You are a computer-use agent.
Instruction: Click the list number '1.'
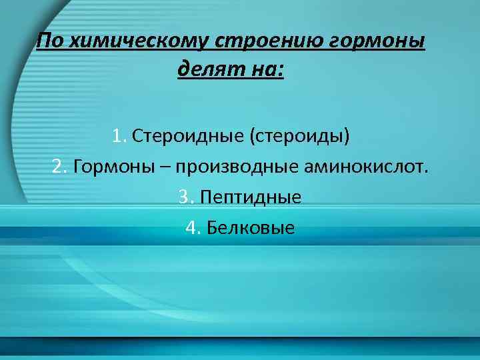click(119, 137)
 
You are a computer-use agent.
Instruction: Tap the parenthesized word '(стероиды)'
click(299, 137)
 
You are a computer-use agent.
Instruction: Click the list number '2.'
click(60, 166)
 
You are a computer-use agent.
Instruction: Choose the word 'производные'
click(236, 166)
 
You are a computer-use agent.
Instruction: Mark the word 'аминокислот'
click(360, 166)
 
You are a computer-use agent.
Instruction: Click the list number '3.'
click(186, 197)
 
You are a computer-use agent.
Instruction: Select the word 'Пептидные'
click(250, 198)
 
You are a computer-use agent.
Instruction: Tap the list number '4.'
click(193, 229)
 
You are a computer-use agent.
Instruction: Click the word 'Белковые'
click(250, 229)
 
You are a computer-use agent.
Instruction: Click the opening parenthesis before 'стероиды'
click(252, 137)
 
